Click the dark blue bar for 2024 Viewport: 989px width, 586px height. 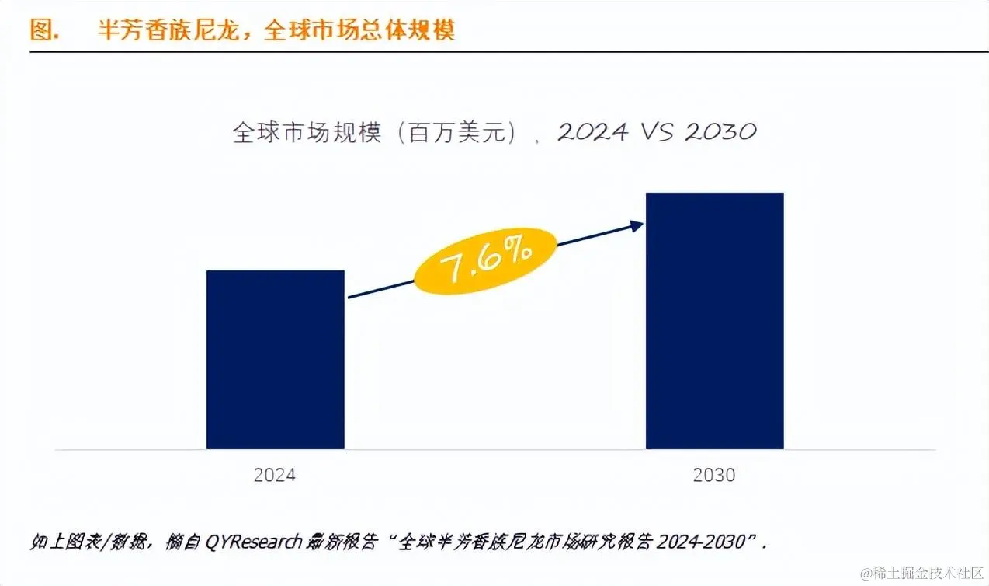point(275,359)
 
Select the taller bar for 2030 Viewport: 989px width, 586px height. point(714,320)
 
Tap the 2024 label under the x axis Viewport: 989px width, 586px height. point(275,475)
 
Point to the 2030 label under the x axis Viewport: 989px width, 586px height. point(714,475)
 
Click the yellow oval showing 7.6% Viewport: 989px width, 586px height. point(486,262)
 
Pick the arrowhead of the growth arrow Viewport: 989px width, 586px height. point(638,225)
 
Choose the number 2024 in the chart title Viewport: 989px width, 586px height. point(592,132)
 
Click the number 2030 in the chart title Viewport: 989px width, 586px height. point(720,132)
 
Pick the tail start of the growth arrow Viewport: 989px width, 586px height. point(349,297)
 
